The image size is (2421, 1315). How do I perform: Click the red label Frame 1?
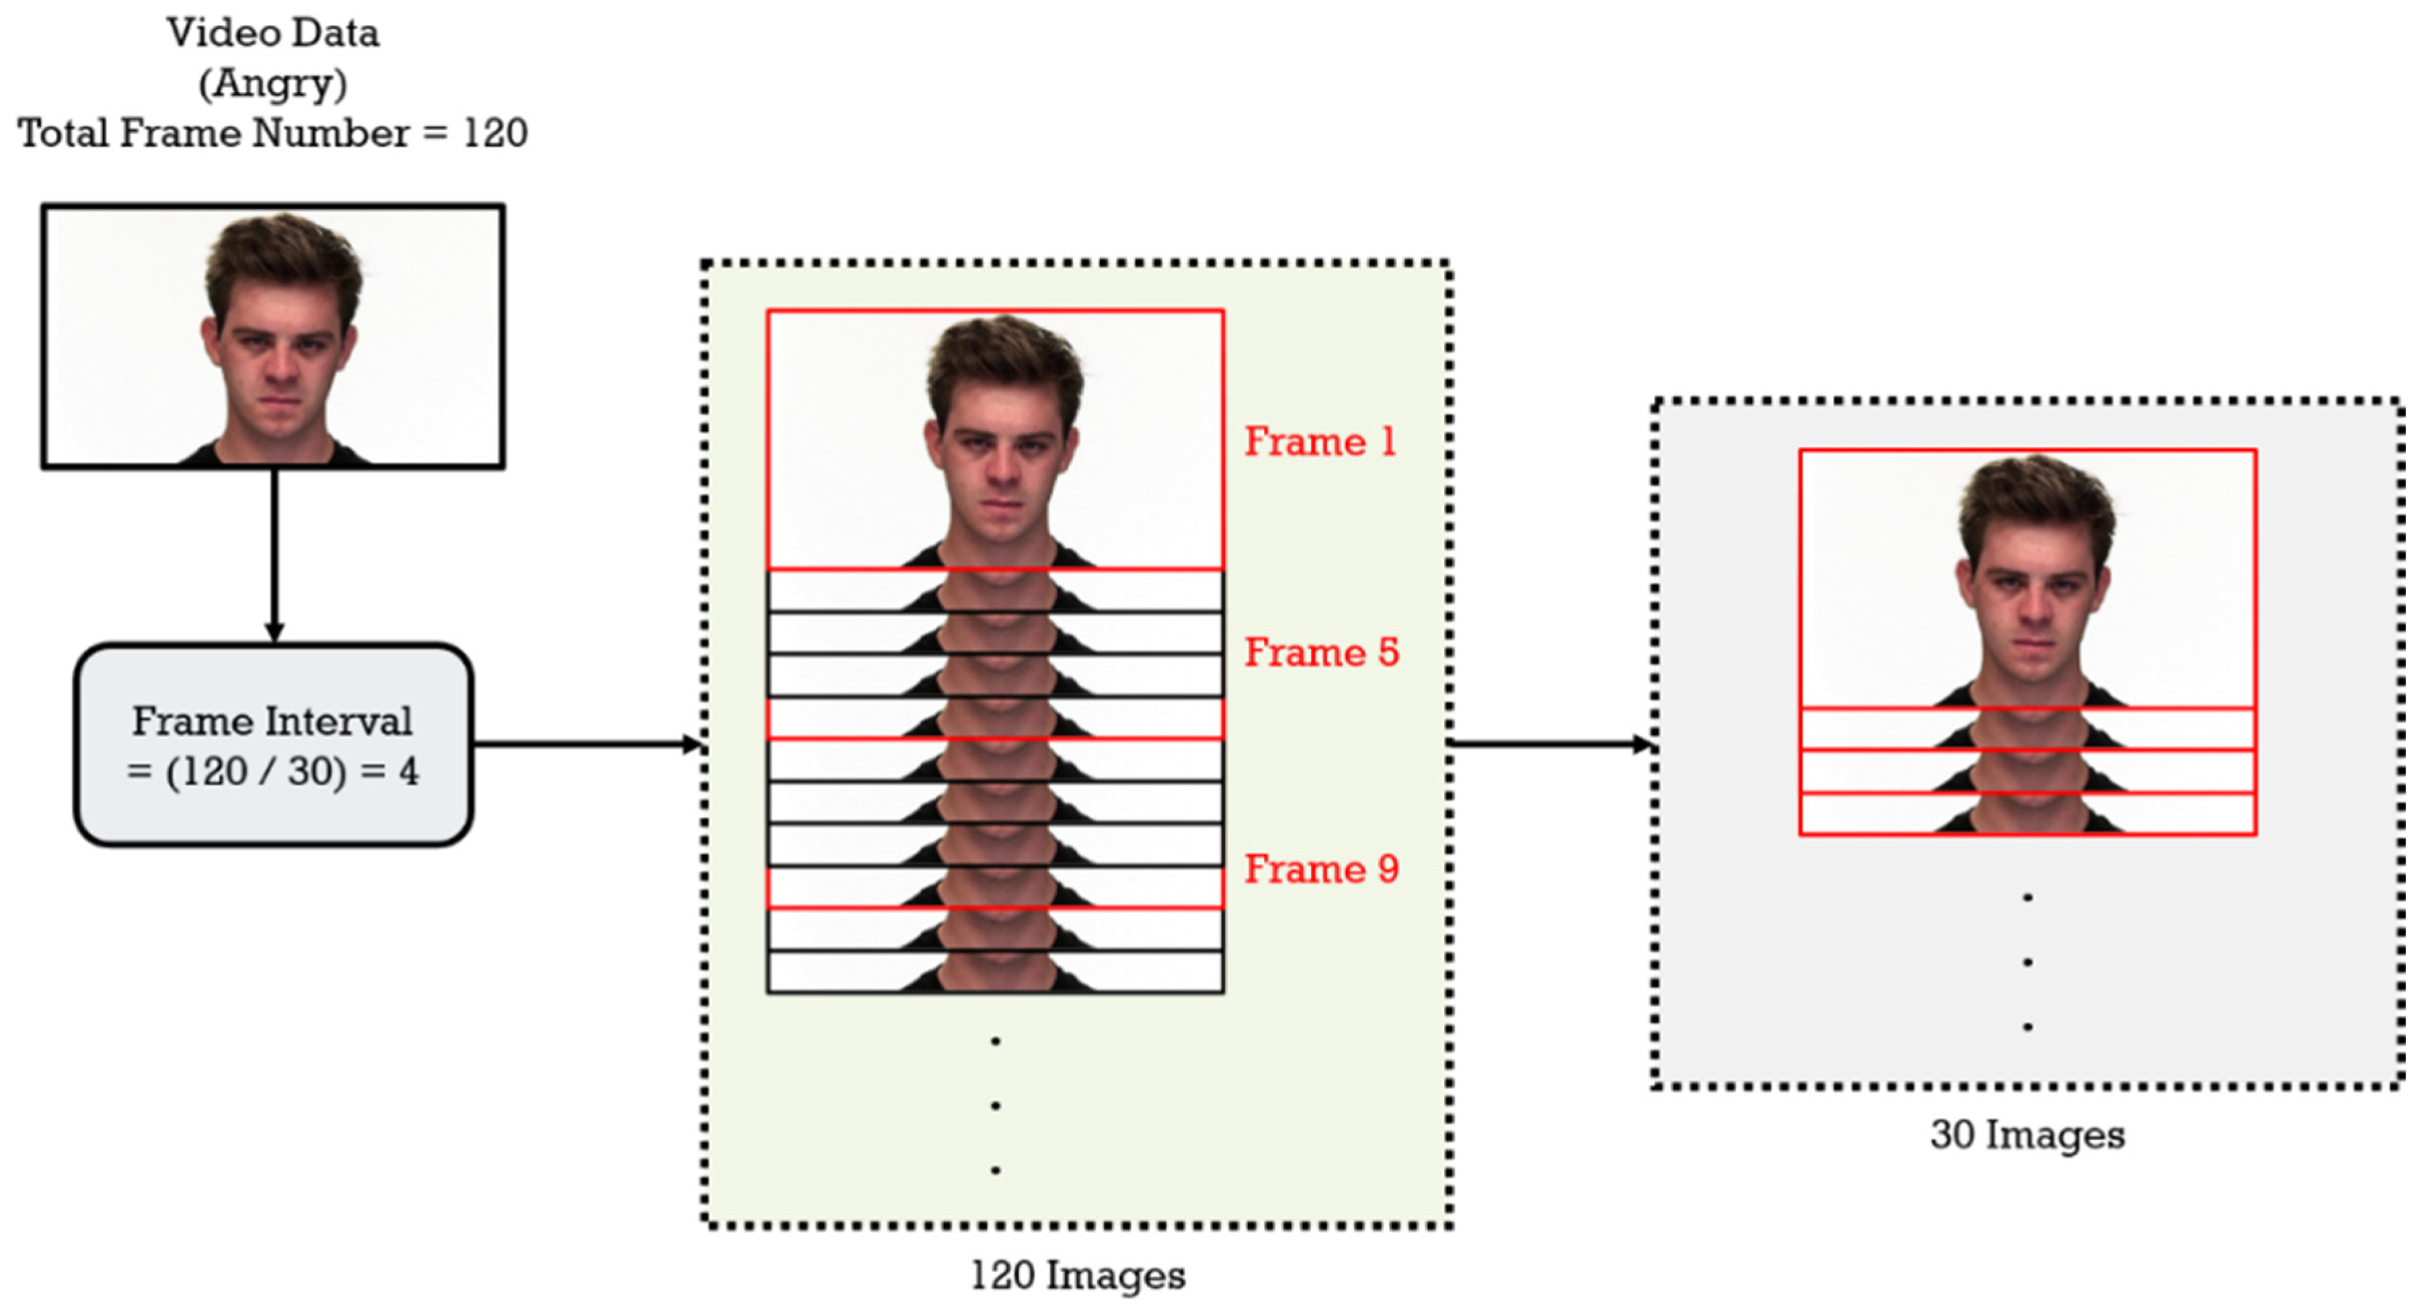(x=1320, y=442)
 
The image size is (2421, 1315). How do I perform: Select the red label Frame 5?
(x=1321, y=652)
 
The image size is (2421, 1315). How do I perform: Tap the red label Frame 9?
(x=1321, y=869)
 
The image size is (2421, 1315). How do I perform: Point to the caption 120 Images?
(x=1077, y=1275)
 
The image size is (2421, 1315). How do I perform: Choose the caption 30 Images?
(x=2027, y=1135)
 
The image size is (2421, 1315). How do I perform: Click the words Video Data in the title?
(x=272, y=33)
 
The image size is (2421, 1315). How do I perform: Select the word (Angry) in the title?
(x=272, y=83)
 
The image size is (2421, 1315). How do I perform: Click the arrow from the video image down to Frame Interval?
(x=274, y=555)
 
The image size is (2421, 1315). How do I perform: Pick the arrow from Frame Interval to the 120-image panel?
(x=588, y=744)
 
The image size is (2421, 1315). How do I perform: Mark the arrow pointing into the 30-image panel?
(x=1551, y=744)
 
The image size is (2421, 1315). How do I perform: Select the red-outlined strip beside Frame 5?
(x=994, y=719)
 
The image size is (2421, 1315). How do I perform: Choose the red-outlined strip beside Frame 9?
(x=994, y=888)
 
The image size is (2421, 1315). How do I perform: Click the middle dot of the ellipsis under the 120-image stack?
(x=995, y=1105)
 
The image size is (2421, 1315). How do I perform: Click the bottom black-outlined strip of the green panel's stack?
(x=994, y=972)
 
